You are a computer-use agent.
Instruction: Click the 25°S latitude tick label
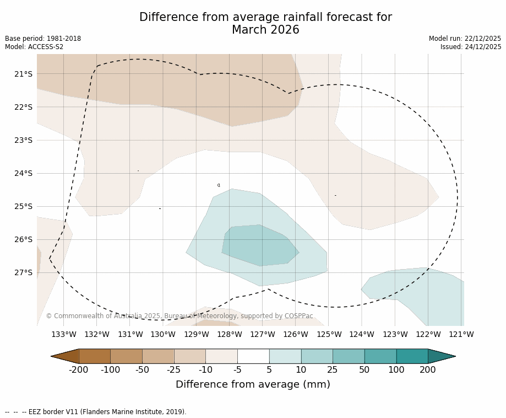pyautogui.click(x=23, y=206)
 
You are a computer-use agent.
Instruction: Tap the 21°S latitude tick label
pyautogui.click(x=23, y=74)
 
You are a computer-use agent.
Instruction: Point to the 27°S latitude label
pyautogui.click(x=23, y=272)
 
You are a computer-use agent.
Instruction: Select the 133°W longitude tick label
pyautogui.click(x=64, y=334)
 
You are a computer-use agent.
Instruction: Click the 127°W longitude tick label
pyautogui.click(x=263, y=334)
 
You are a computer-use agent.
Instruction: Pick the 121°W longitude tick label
pyautogui.click(x=461, y=334)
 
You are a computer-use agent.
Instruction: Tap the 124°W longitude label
pyautogui.click(x=362, y=334)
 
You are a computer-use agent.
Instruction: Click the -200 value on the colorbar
pyautogui.click(x=79, y=369)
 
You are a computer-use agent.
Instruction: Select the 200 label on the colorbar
pyautogui.click(x=428, y=369)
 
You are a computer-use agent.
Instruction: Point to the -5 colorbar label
pyautogui.click(x=237, y=369)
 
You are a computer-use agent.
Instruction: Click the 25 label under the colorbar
pyautogui.click(x=333, y=369)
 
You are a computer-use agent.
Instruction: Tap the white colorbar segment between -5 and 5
pyautogui.click(x=253, y=356)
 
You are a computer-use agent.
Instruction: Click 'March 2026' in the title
pyautogui.click(x=265, y=30)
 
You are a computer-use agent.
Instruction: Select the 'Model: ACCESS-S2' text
pyautogui.click(x=34, y=47)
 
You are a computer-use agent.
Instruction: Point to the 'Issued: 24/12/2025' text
pyautogui.click(x=471, y=47)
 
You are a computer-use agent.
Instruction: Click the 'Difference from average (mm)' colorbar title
pyautogui.click(x=253, y=384)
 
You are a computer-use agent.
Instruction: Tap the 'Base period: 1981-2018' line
pyautogui.click(x=43, y=39)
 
